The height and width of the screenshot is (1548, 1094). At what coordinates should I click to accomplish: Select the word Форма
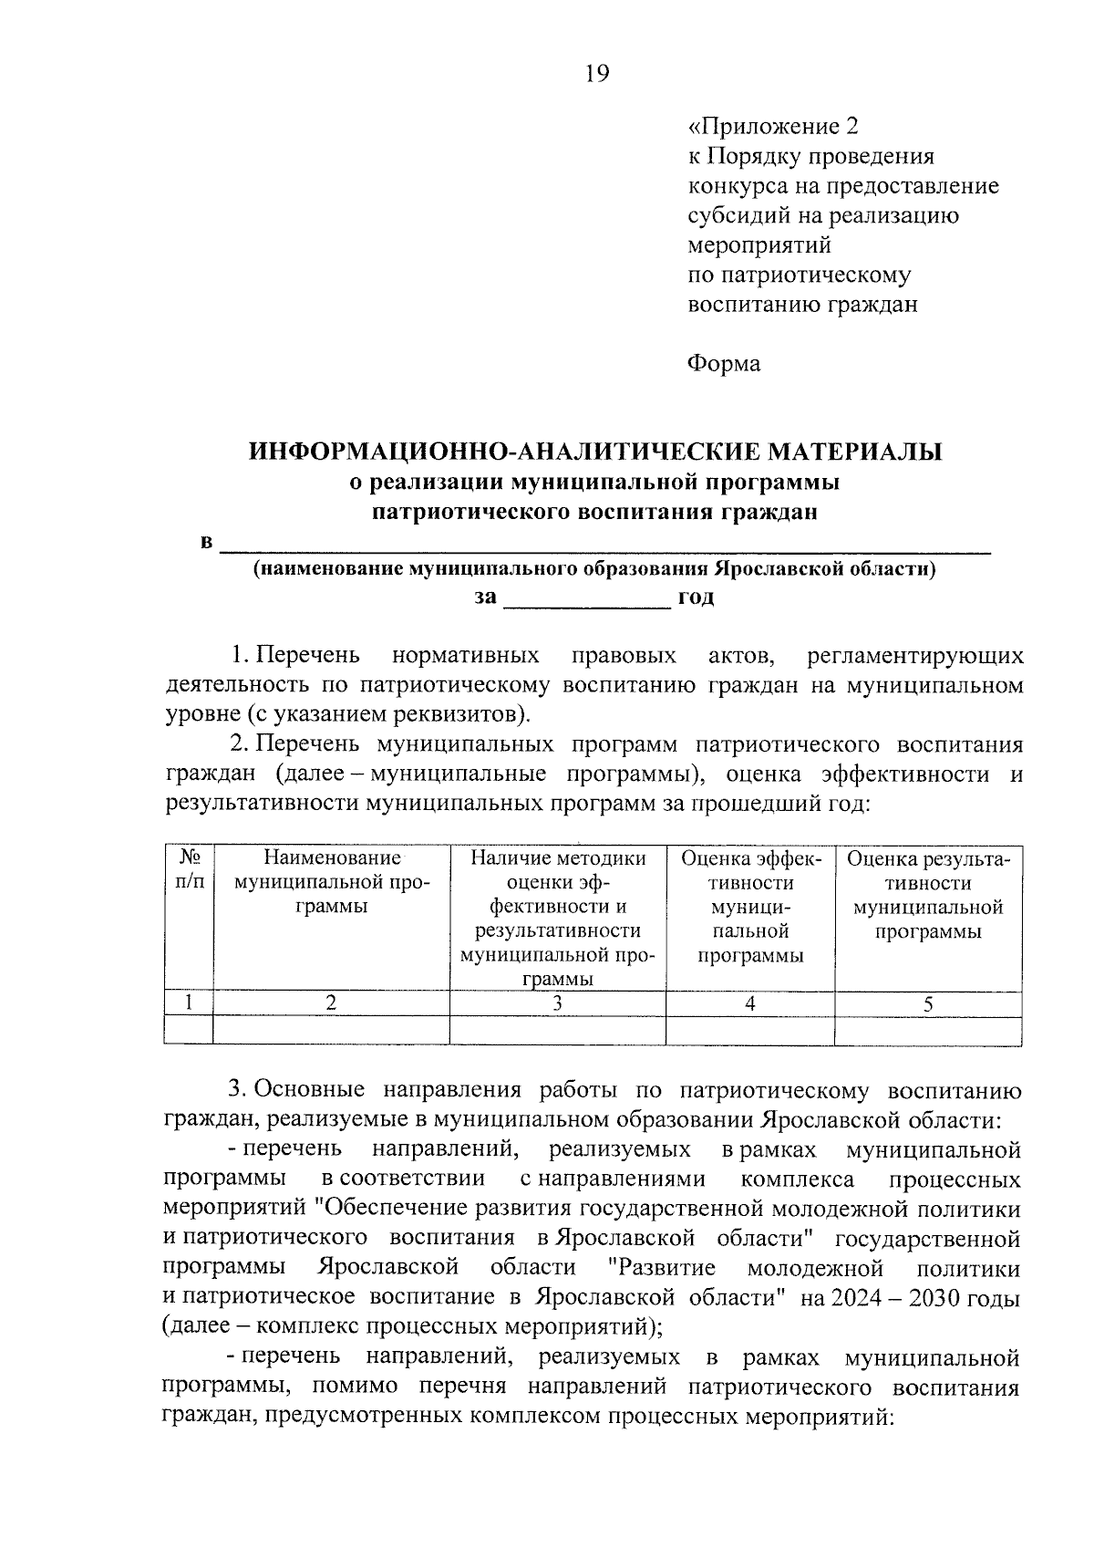click(723, 364)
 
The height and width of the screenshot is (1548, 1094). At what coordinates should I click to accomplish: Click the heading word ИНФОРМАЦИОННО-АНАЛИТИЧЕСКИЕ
click(502, 452)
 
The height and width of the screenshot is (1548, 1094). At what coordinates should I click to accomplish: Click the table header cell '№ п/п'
click(189, 870)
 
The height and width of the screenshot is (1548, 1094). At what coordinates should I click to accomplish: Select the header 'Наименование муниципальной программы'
click(331, 882)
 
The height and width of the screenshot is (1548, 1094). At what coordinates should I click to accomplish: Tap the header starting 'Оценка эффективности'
click(750, 907)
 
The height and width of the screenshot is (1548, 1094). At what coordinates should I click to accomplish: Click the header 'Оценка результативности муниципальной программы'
click(928, 895)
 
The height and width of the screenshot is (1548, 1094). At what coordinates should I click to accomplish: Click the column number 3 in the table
click(557, 1003)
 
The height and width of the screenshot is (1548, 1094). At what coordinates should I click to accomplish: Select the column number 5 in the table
click(928, 1004)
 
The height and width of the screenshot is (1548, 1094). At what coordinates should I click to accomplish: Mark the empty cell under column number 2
click(331, 1030)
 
